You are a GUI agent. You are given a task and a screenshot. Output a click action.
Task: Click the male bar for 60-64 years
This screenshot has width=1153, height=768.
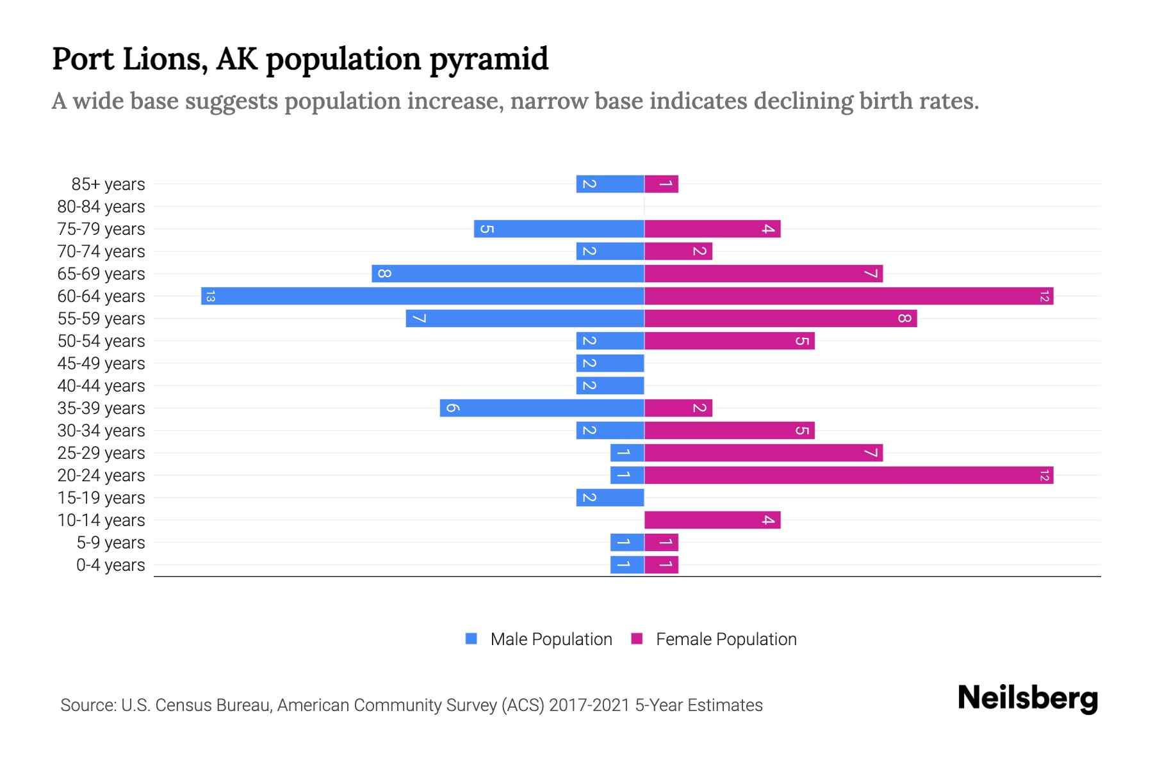423,296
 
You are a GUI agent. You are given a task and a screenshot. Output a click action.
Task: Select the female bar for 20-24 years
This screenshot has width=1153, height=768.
849,476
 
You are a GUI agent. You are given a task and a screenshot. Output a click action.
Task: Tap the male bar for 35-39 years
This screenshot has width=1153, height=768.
542,408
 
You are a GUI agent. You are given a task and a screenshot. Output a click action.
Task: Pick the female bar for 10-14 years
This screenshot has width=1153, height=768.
712,520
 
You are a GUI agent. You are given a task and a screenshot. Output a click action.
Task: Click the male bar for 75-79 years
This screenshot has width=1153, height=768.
559,229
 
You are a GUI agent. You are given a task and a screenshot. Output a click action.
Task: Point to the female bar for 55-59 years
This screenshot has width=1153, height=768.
780,319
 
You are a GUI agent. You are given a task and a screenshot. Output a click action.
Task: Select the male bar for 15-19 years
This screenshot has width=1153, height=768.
610,498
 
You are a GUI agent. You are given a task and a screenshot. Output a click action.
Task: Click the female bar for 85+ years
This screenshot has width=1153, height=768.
661,184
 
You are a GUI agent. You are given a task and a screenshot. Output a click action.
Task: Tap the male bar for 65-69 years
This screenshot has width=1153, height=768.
508,274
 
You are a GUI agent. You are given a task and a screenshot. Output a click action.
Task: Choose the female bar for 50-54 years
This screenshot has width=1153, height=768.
729,341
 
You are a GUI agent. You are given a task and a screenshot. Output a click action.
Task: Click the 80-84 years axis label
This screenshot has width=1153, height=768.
101,207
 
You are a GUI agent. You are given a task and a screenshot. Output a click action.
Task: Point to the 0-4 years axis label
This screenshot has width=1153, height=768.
110,565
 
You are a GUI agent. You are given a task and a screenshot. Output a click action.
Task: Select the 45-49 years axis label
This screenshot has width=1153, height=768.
101,364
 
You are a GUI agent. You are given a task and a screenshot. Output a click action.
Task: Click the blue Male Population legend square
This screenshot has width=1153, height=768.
471,639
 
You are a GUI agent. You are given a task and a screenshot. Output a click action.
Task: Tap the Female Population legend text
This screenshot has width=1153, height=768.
726,639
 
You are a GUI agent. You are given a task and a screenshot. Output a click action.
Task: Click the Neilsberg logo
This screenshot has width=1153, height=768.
1027,698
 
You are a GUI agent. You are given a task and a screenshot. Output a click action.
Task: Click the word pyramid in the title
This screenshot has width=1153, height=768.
489,60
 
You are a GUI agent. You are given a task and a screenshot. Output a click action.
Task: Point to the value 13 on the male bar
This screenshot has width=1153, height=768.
210,296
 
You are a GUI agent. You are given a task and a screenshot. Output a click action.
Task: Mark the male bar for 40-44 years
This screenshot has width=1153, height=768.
610,386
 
